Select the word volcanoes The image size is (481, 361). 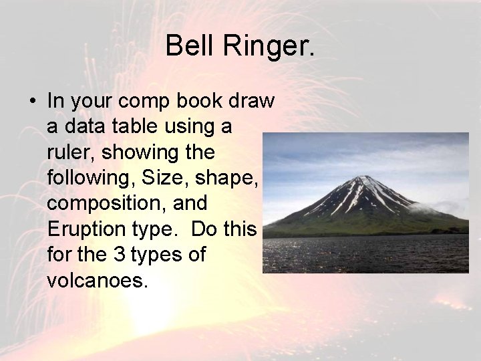click(96, 280)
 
